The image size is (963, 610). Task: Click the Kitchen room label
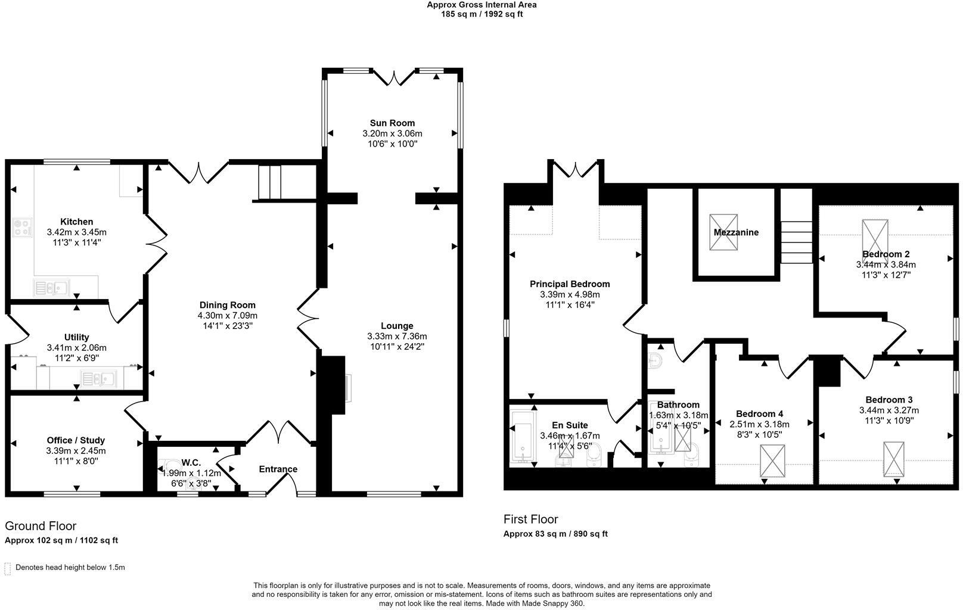click(x=76, y=222)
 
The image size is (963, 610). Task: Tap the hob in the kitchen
click(x=23, y=227)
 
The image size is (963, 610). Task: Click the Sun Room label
click(x=392, y=123)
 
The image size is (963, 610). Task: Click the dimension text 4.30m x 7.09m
click(x=228, y=316)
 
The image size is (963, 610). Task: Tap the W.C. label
click(x=191, y=462)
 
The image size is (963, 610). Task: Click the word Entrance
click(x=278, y=469)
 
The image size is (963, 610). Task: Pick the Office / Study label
click(x=76, y=440)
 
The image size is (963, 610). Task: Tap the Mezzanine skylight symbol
click(x=723, y=232)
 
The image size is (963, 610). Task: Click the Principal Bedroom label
click(x=570, y=284)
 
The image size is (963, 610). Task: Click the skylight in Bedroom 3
click(x=893, y=458)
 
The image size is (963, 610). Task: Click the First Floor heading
click(x=530, y=519)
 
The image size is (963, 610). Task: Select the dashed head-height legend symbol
click(x=8, y=568)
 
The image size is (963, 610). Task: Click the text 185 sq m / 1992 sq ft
click(x=481, y=14)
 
